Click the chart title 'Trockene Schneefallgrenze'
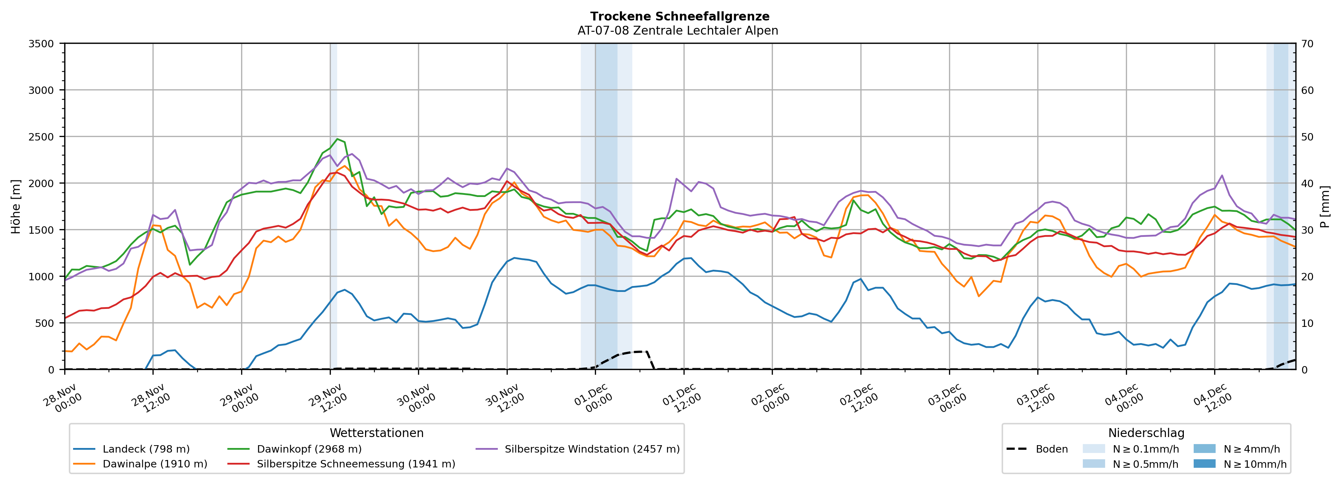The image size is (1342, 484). [x=679, y=17]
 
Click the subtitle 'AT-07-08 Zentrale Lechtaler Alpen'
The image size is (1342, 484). [x=677, y=31]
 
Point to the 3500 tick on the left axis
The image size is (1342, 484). [x=41, y=44]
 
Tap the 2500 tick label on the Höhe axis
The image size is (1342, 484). [x=41, y=137]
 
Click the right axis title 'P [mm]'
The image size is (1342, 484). [x=1325, y=206]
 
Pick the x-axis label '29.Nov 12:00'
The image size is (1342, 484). [x=326, y=399]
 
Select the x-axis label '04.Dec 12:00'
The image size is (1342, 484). [x=1211, y=399]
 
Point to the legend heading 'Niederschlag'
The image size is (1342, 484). [x=1146, y=433]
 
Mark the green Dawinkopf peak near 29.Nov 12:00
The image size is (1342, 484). [x=338, y=139]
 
